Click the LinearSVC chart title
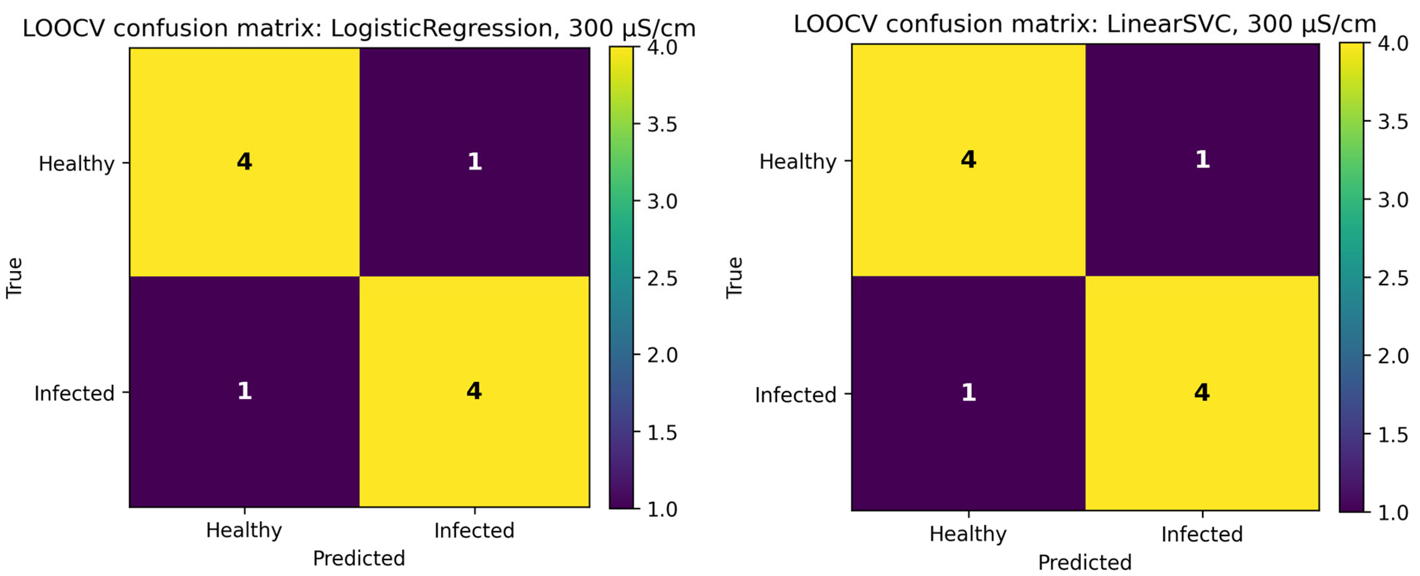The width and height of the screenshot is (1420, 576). click(1084, 24)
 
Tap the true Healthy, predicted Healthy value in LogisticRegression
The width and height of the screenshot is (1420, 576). click(244, 161)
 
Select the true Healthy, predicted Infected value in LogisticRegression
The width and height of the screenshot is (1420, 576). click(475, 161)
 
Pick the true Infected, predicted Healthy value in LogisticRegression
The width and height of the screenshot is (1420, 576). click(244, 391)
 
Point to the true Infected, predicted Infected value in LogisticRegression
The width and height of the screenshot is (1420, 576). click(474, 391)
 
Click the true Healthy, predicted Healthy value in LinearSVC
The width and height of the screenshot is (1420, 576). click(969, 159)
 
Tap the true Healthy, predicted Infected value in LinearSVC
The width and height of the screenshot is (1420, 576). click(1202, 159)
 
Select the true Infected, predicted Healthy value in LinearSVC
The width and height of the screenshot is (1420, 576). click(969, 392)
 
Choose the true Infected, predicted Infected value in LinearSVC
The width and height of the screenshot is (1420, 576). click(1202, 392)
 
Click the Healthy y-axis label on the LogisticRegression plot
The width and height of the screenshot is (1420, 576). click(77, 164)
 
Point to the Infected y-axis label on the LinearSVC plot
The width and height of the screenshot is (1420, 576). click(795, 395)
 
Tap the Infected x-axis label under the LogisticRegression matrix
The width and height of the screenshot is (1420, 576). click(474, 530)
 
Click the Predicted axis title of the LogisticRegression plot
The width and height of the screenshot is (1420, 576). click(359, 559)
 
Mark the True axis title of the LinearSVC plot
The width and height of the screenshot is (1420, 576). click(734, 278)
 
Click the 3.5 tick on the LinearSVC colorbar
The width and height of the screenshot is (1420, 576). click(1393, 121)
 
